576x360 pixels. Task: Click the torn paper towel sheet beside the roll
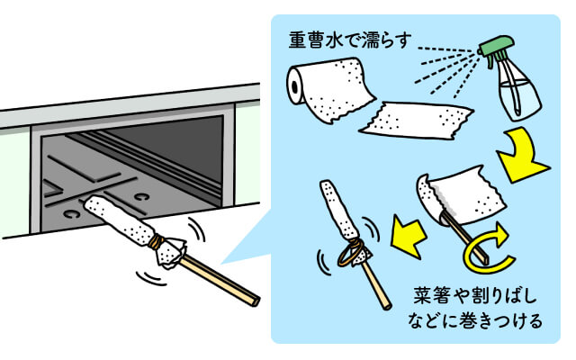pos(415,122)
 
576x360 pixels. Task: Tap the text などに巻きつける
pos(478,321)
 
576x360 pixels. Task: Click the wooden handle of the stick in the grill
pos(216,274)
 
